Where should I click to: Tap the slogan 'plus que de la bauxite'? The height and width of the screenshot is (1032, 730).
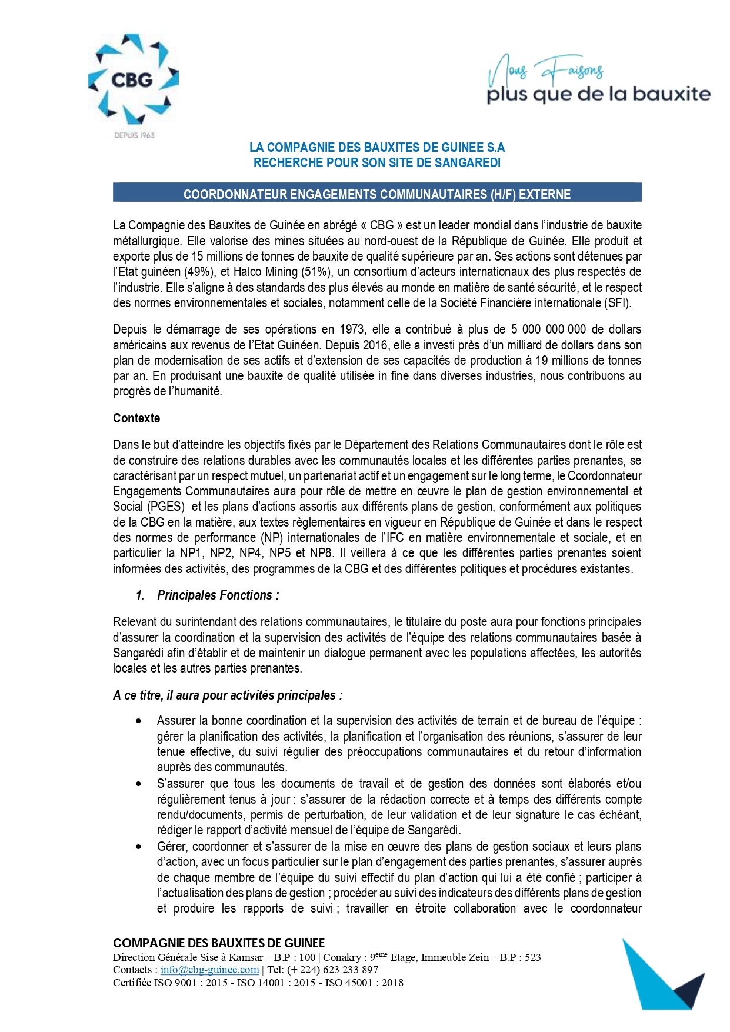[x=598, y=94]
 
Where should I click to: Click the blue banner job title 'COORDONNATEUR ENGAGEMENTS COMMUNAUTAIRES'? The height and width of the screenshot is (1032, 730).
[x=376, y=194]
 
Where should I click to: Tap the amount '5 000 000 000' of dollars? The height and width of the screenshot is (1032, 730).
[x=548, y=329]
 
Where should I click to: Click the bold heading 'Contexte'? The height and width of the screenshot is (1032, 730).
[x=136, y=418]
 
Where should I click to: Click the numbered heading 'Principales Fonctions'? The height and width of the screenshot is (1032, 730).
[x=215, y=595]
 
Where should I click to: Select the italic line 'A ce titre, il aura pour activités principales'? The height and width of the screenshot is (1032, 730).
[x=227, y=695]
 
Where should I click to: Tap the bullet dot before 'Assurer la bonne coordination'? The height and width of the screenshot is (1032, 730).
[x=139, y=721]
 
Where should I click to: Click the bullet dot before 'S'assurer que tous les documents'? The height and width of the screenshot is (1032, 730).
[x=139, y=784]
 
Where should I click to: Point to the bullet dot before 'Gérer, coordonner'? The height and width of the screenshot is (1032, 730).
[x=139, y=847]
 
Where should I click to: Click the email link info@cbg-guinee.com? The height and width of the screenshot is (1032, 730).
[x=209, y=970]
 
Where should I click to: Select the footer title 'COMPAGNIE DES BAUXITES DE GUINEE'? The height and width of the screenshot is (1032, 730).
[x=219, y=943]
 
